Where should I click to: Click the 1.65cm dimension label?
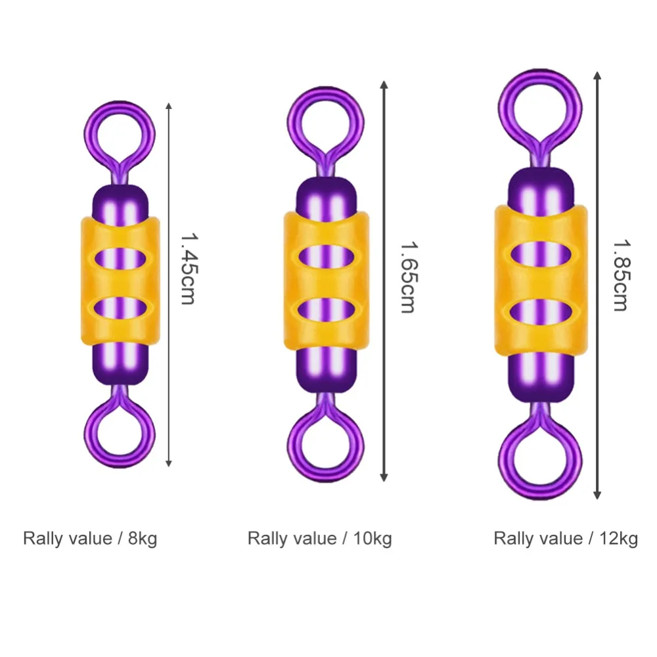coord(407,276)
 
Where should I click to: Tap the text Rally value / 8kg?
coord(90,539)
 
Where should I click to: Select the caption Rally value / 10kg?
coord(319,539)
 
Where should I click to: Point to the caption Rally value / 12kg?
coord(566,539)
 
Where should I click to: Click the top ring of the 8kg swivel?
coord(120,132)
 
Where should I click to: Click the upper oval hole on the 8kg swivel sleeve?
coord(120,257)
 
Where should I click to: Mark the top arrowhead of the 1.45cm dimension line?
coord(170,105)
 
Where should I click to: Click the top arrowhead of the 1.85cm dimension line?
coord(597,74)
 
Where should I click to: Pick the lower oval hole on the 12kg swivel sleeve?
coord(539,312)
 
